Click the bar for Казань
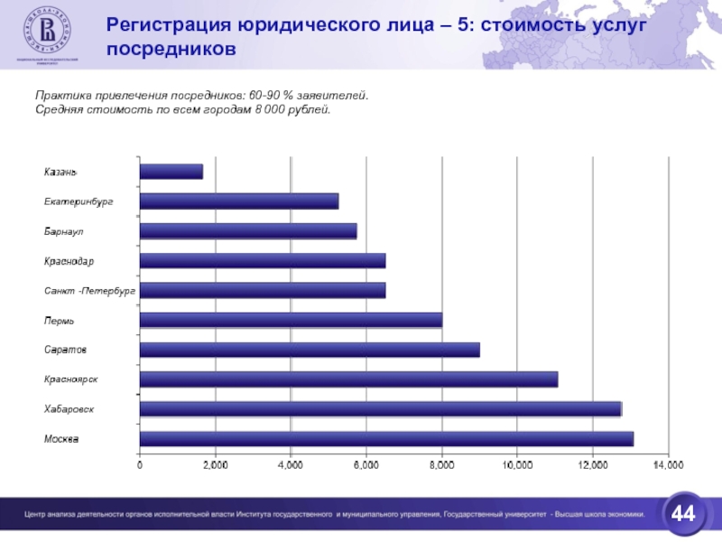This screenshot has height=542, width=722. click(x=171, y=172)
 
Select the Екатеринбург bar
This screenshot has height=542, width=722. click(x=239, y=201)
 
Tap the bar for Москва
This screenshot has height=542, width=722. click(x=386, y=439)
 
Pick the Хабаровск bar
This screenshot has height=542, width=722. click(x=380, y=409)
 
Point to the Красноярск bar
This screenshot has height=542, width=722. click(x=348, y=379)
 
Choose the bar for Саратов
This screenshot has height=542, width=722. click(x=310, y=350)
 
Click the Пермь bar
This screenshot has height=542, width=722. click(x=291, y=320)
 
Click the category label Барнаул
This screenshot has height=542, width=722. click(x=64, y=231)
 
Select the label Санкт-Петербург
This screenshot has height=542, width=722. click(x=89, y=291)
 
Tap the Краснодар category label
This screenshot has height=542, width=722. click(x=69, y=261)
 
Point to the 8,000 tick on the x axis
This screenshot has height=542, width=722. click(x=441, y=464)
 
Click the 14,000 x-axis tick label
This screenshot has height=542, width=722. click(x=668, y=464)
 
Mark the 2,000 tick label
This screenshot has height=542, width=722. click(x=215, y=464)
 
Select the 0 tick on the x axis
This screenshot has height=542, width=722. click(x=140, y=464)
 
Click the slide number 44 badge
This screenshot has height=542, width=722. click(x=684, y=514)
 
